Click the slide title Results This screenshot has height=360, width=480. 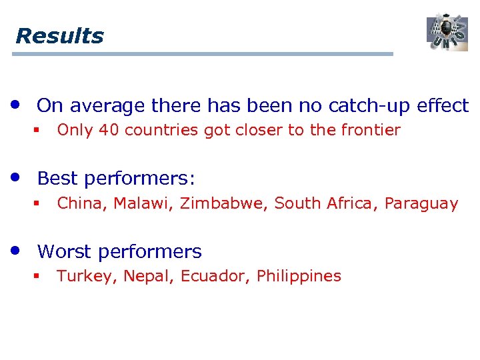point(59,35)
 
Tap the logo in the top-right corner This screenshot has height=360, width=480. point(447,32)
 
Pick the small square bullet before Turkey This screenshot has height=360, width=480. point(37,276)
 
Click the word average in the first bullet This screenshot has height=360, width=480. point(107,105)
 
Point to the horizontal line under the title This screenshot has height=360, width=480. point(203,54)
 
